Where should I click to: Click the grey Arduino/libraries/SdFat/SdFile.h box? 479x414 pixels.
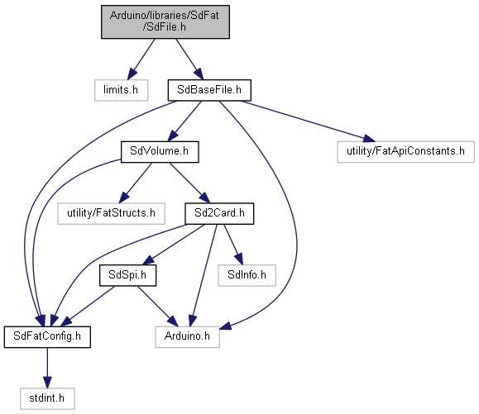pos(165,21)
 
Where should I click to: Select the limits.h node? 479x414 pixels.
pos(121,90)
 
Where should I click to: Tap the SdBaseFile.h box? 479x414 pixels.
pos(209,90)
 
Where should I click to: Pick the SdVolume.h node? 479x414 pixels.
pos(160,151)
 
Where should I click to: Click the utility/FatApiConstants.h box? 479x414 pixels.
pos(405,151)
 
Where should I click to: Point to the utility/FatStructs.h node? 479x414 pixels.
pos(111,213)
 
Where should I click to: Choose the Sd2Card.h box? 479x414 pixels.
pos(219,213)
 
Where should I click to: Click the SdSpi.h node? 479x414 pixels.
pos(127,275)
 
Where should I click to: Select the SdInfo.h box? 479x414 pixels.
pos(247,275)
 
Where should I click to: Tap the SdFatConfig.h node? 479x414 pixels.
pos(47,337)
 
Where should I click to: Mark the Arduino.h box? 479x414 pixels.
pos(187,337)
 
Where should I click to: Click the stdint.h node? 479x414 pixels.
pos(47,398)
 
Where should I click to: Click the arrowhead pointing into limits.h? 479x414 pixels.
pos(132,74)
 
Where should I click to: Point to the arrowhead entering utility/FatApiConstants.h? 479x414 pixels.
pos(369,139)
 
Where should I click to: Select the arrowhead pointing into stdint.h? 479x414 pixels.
pos(47,383)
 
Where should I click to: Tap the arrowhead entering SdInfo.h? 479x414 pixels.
pos(239,259)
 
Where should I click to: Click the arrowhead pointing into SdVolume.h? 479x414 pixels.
pos(173,136)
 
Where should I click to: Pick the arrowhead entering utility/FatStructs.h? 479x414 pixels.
pos(124,197)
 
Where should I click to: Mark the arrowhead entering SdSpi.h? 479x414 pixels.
pos(148,260)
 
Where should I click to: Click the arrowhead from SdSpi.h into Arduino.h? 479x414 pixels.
pos(172,321)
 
